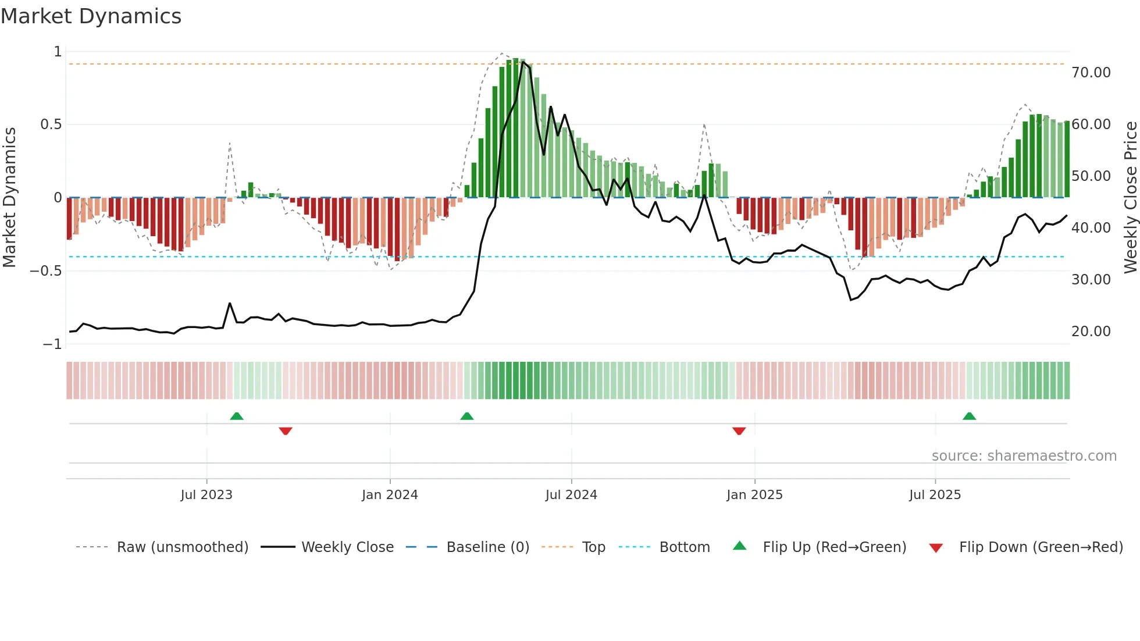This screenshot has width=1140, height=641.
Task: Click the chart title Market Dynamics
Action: coord(91,16)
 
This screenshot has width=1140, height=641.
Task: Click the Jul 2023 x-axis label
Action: coord(206,495)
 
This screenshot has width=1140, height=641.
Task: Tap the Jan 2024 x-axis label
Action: coord(390,495)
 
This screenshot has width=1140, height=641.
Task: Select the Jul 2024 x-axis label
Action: coord(571,495)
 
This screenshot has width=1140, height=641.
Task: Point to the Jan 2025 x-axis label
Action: coord(754,495)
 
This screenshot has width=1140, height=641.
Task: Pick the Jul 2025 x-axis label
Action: coord(935,495)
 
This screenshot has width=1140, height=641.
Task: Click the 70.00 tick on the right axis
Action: coord(1091,73)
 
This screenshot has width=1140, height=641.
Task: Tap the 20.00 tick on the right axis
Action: coord(1091,332)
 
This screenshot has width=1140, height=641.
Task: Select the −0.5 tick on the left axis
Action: coord(45,271)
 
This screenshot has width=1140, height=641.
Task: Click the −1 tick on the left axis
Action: coord(52,344)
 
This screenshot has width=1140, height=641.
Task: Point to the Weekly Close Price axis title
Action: coord(1130,197)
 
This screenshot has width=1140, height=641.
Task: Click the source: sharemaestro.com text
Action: coord(1024,456)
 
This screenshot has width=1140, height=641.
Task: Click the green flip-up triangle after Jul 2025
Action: coord(969,416)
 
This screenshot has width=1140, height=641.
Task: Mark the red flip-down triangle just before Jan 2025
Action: coord(739,431)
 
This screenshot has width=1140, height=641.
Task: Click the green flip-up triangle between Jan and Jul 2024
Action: coord(466,416)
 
